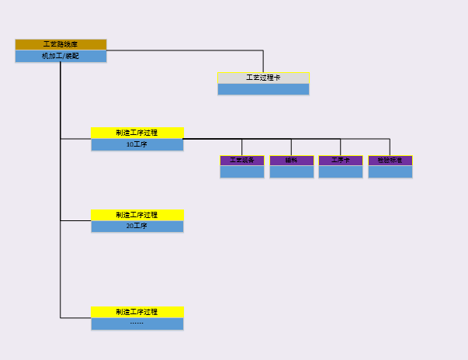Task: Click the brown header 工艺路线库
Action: pos(61,44)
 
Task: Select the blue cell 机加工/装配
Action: pos(61,56)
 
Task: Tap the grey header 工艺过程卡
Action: pos(263,78)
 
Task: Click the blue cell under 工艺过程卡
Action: pos(263,89)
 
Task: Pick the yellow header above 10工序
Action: pos(137,133)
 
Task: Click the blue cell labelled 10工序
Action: pos(137,144)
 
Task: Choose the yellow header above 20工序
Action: pos(137,215)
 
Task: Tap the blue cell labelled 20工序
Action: pos(137,227)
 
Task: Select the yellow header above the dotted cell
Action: pos(137,312)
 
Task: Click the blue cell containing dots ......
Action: pos(137,324)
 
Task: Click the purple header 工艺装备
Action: pos(242,161)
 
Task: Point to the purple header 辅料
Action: pos(292,161)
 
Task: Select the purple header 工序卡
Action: pos(341,161)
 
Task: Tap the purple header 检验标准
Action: pos(390,161)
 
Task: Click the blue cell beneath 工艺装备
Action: pos(242,171)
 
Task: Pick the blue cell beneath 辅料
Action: pos(292,171)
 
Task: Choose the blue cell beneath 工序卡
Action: pos(341,171)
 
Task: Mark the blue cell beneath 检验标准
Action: pos(390,171)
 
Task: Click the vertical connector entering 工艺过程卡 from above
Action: pos(263,62)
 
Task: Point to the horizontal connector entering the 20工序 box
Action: pos(76,220)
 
